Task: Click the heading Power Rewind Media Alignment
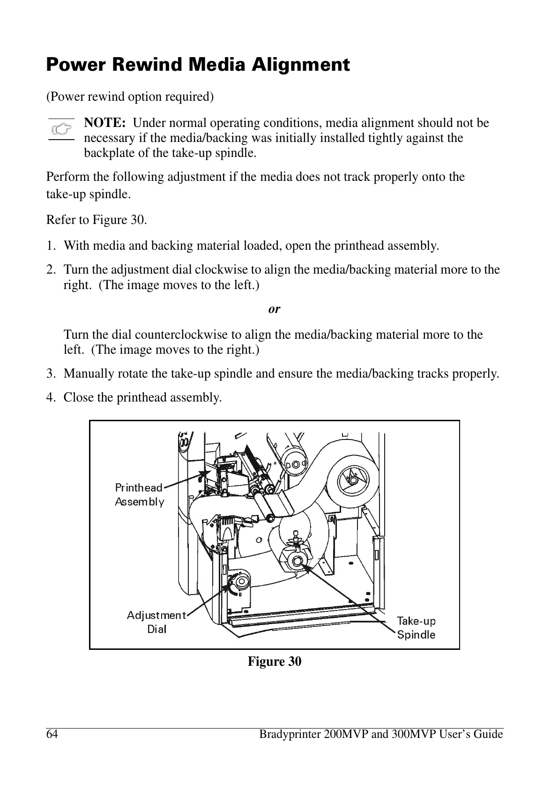click(198, 65)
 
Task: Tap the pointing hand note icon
click(61, 128)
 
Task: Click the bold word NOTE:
click(104, 123)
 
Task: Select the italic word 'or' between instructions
click(274, 309)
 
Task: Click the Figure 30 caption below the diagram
click(274, 662)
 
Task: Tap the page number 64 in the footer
click(52, 734)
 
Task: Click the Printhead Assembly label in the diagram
click(139, 495)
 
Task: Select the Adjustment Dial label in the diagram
click(156, 622)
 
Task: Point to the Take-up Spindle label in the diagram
click(416, 628)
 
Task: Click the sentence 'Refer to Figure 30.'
click(97, 220)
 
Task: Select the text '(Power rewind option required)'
click(130, 97)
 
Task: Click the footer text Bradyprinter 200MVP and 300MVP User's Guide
click(381, 734)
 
